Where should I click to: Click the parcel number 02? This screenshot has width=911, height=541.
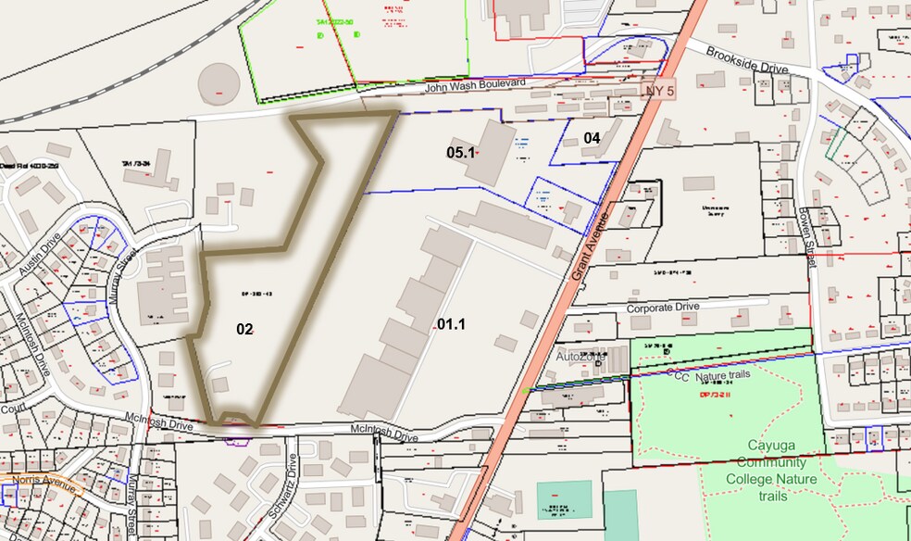[244, 329]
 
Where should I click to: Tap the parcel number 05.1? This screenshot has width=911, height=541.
[460, 151]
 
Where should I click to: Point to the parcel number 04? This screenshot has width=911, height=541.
[593, 138]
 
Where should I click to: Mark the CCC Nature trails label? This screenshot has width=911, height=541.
[711, 375]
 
